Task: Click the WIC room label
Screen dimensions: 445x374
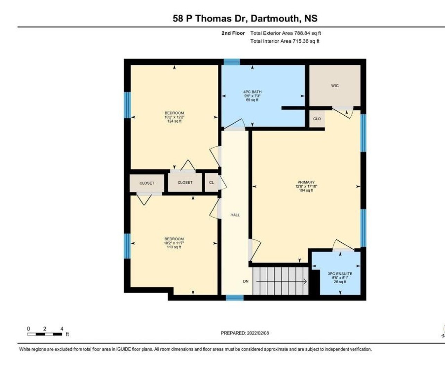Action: (x=335, y=86)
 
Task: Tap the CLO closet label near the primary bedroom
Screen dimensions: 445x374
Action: (x=317, y=119)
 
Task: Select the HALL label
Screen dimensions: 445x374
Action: (x=235, y=215)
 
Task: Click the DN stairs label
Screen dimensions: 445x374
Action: (x=246, y=281)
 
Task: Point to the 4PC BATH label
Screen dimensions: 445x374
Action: (x=253, y=92)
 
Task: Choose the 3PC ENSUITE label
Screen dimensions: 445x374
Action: (x=340, y=274)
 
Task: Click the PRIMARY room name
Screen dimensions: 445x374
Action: (x=306, y=182)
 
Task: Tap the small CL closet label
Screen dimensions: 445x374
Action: (x=212, y=182)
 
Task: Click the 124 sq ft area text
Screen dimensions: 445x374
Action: (x=174, y=121)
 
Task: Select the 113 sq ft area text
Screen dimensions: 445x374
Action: (x=174, y=247)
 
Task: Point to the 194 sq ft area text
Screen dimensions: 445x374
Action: (x=306, y=190)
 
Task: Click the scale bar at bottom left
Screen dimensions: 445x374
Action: (x=45, y=334)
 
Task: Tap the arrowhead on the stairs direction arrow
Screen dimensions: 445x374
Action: (x=305, y=282)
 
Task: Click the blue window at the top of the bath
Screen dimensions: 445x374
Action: (x=232, y=62)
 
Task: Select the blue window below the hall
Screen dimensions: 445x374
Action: (x=235, y=298)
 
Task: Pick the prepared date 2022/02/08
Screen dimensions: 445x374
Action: (x=258, y=333)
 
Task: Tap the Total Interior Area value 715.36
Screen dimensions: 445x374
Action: (x=300, y=41)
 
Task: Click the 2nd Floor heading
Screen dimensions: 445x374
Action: (x=233, y=33)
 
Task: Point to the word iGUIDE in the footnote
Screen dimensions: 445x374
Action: (x=123, y=349)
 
